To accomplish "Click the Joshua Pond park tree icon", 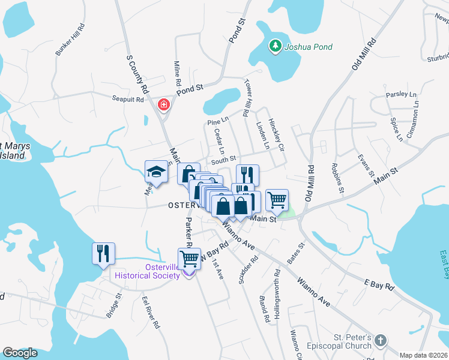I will (x=275, y=46).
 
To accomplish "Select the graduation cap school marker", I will (x=155, y=172).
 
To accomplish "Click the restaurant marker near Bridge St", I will (x=102, y=253).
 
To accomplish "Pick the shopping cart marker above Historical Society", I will (x=190, y=259).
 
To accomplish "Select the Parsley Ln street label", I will (x=401, y=95).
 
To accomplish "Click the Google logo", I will (x=20, y=353).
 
